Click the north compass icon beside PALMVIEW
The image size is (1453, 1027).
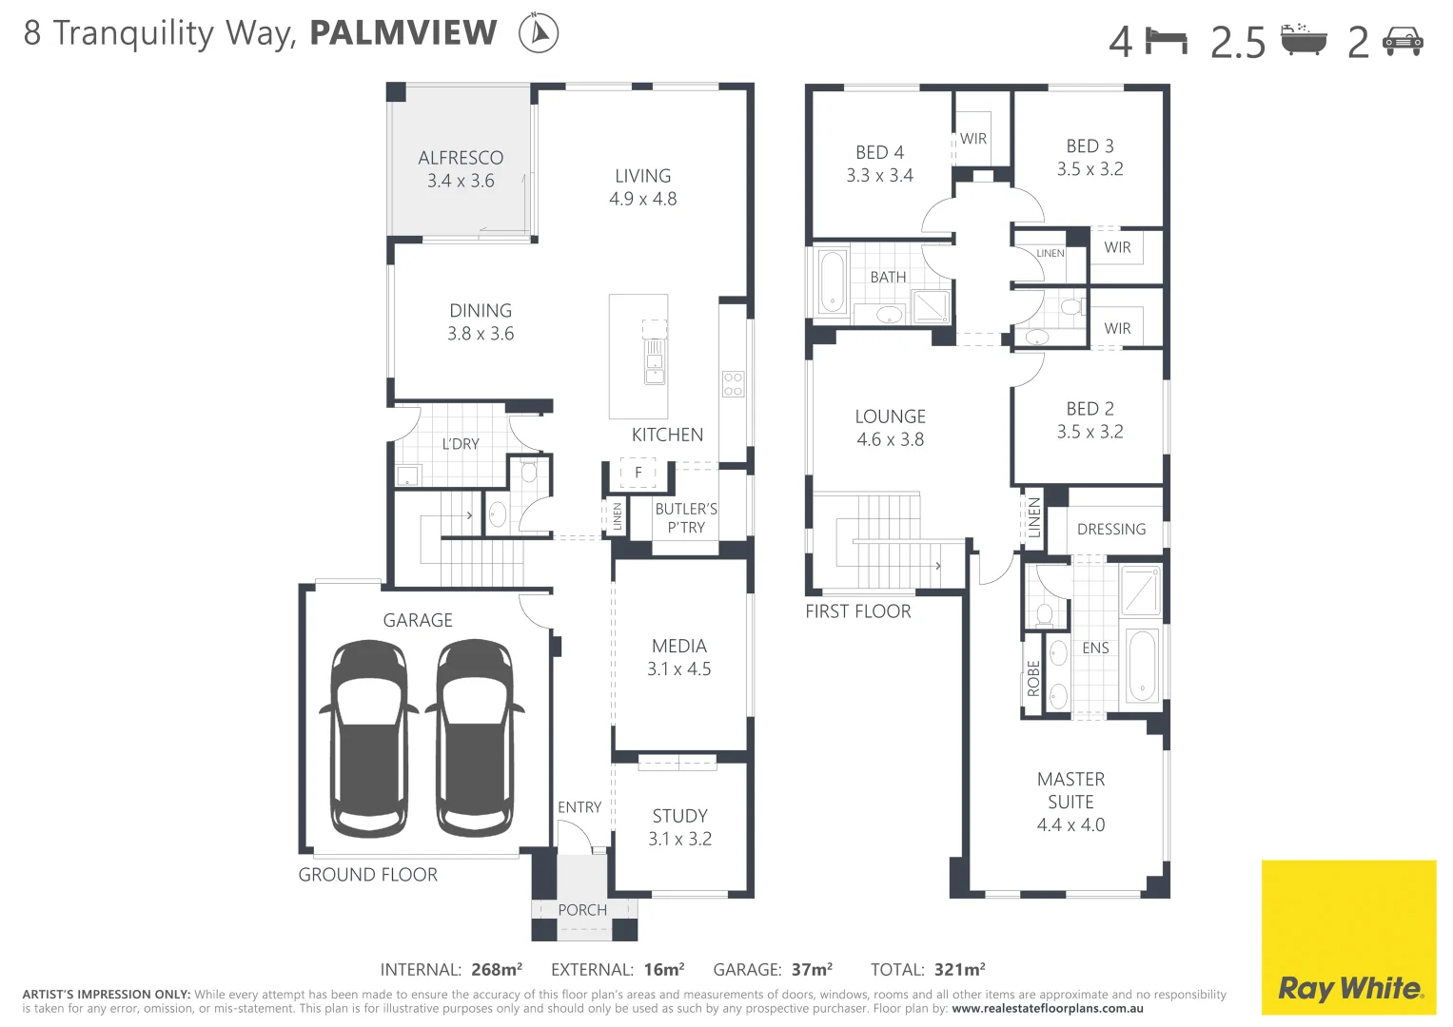539,33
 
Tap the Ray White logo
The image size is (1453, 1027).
1348,938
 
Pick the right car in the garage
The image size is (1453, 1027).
474,738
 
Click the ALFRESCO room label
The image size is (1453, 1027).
461,158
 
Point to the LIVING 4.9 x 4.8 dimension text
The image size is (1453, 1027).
643,199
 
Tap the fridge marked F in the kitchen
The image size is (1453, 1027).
638,472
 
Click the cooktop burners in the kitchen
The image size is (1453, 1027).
733,384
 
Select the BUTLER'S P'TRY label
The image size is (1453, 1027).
686,518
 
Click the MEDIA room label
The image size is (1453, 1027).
679,646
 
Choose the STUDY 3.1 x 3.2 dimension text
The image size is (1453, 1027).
679,839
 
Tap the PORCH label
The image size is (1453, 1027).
582,910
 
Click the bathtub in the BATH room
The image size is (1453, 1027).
834,281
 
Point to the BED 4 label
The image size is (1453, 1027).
879,152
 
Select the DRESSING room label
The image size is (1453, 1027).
1111,530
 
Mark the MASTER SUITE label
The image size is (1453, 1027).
1070,790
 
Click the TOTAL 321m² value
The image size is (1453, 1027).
959,970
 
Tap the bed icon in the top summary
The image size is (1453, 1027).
1167,41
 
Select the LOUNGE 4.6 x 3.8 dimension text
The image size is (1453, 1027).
890,439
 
